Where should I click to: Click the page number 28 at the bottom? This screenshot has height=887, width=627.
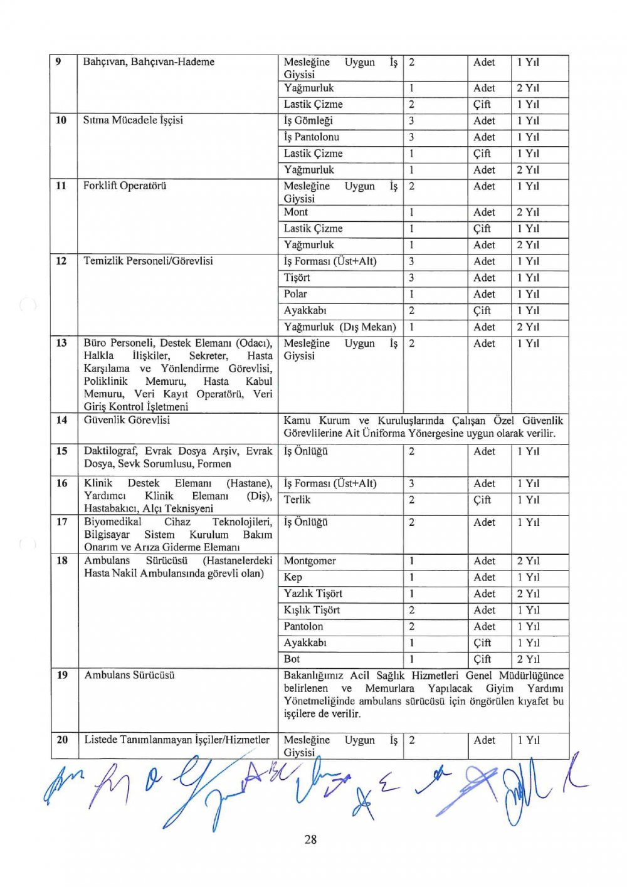pos(310,839)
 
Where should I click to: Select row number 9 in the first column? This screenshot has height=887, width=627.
pos(58,62)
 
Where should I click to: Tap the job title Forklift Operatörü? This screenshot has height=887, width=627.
pos(125,186)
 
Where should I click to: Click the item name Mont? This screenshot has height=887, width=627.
pos(296,213)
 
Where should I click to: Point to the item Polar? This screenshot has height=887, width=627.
pos(295,294)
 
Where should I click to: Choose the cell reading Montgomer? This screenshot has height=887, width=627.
pos(310,561)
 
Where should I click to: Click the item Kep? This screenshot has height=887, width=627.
pos(293,577)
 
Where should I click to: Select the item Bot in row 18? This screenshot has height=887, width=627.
pos(292,659)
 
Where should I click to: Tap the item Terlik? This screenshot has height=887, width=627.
pos(297,500)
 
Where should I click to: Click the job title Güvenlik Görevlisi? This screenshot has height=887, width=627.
pos(127,420)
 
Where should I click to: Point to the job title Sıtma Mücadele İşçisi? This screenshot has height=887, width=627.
pos(133,120)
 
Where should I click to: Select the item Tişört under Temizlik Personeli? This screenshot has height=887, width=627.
pos(297,278)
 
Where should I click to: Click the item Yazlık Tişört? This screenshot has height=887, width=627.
pos(313,594)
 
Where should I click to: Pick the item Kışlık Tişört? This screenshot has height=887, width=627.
pos(312,610)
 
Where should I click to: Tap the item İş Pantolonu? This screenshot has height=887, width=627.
pos(312,137)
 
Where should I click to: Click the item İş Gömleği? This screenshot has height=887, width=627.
pos(308,121)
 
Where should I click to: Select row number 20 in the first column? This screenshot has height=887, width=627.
pos(62,740)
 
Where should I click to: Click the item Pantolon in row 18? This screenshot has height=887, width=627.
pos(303,626)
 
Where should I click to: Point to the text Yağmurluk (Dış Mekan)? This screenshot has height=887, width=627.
pos(340,327)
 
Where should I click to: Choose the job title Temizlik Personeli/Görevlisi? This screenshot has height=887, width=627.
pos(148,261)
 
